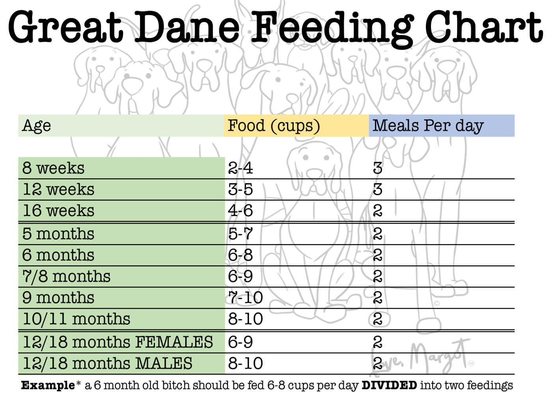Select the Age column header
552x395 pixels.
click(x=37, y=126)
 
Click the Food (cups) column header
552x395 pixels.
click(x=274, y=126)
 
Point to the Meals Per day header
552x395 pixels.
click(x=428, y=126)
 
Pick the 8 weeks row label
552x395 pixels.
click(x=53, y=168)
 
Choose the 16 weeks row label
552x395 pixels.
click(x=58, y=211)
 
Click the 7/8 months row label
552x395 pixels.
click(x=66, y=276)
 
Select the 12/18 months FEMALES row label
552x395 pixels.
click(x=117, y=342)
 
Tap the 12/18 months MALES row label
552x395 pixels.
click(x=107, y=363)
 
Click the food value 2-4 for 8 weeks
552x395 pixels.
click(x=240, y=168)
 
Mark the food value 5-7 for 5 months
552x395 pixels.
click(x=240, y=234)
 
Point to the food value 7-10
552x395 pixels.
click(x=245, y=297)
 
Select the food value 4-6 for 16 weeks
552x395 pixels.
click(x=240, y=211)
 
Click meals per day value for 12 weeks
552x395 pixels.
click(x=377, y=190)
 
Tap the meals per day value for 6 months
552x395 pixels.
click(x=377, y=255)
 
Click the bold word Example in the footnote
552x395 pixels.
click(x=48, y=385)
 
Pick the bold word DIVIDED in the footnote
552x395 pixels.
click(x=389, y=385)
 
